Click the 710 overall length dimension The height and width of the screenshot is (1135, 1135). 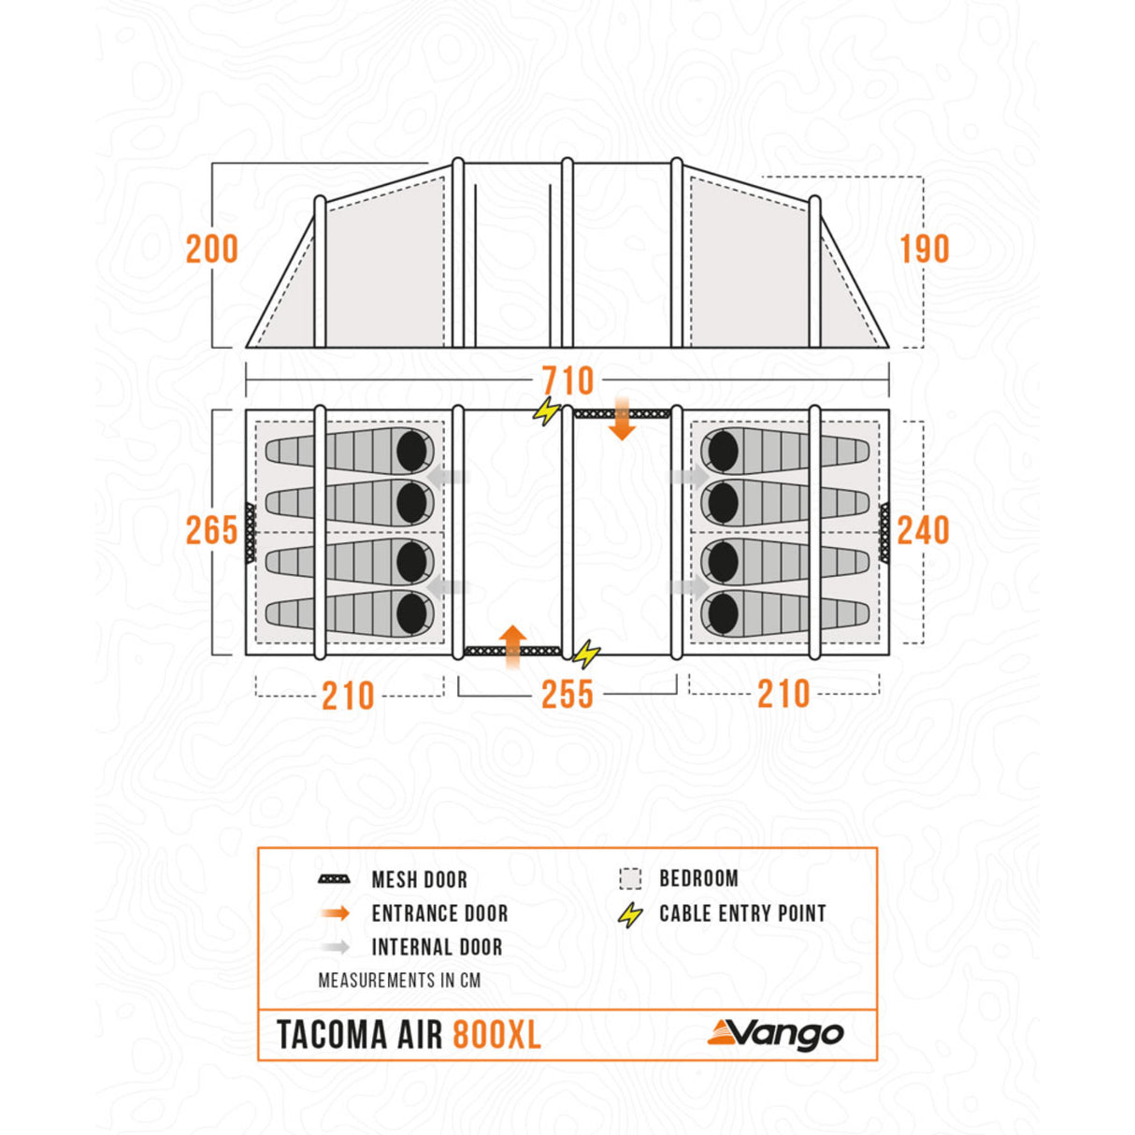567,381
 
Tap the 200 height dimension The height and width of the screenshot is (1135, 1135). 212,249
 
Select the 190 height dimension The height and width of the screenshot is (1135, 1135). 925,249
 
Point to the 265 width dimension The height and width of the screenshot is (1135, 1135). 212,530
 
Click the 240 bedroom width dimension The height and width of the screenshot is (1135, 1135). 923,530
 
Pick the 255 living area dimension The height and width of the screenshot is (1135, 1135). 567,695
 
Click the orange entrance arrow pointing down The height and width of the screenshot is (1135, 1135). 622,418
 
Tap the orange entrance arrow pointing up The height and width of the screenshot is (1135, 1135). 513,647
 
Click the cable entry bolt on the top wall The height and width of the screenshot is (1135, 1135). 547,410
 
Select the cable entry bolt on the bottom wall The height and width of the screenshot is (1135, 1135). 586,654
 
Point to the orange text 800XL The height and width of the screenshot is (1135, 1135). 496,1035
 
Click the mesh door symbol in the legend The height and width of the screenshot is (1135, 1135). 334,880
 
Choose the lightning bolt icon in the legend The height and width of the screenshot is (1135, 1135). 630,914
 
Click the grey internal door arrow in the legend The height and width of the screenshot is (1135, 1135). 335,947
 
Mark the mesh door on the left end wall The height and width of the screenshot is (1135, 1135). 251,533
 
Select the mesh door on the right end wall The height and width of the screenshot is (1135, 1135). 884,533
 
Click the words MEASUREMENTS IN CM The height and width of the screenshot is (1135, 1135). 399,980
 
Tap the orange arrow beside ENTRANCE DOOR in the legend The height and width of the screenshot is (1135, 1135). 335,913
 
